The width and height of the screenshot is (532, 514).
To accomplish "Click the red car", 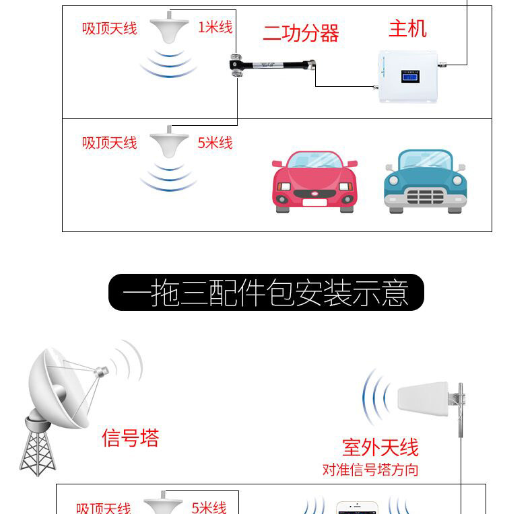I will (314, 182).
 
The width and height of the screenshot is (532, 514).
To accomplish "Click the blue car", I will (425, 181).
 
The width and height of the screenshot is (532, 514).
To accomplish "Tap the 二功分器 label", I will (300, 34).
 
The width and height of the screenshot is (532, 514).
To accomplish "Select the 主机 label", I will (407, 29).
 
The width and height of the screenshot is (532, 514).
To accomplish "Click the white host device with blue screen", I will (409, 75).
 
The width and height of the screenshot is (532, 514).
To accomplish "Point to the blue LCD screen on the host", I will (409, 77).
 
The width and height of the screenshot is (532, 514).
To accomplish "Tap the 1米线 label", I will (215, 27).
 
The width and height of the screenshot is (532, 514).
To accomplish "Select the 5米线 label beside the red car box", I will (215, 143).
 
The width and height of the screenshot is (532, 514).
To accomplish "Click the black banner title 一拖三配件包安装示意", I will (266, 293).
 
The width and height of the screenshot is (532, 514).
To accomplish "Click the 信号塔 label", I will (131, 438).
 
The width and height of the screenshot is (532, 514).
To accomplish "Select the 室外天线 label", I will (380, 447).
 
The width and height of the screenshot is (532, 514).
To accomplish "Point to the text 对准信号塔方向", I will (370, 470).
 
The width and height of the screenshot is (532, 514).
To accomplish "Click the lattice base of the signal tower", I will (37, 447).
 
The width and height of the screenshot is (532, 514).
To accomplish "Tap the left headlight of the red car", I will (284, 184).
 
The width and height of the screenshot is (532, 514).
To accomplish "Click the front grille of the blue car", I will (425, 196).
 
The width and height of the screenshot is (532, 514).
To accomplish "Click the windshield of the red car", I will (314, 161).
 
